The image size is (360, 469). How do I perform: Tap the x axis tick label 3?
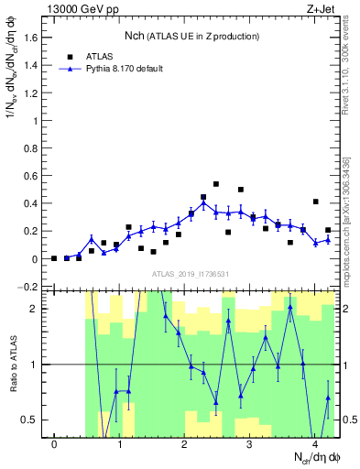pyautogui.click(x=250, y=445)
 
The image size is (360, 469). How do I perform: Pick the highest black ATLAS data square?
pyautogui.click(x=215, y=184)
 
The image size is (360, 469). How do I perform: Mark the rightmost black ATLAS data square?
pyautogui.click(x=328, y=230)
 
